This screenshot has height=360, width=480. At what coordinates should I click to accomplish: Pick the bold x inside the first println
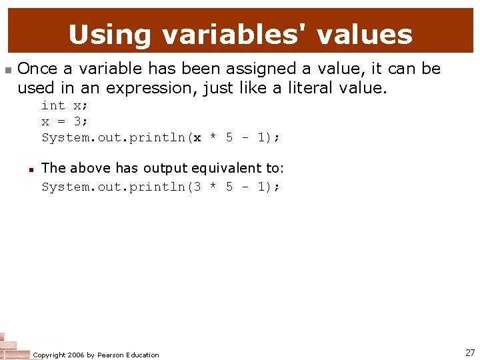click(197, 138)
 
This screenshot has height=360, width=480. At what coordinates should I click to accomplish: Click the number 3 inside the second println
click(197, 187)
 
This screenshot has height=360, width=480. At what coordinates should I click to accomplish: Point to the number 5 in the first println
click(229, 138)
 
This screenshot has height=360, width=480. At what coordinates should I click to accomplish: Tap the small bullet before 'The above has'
click(31, 169)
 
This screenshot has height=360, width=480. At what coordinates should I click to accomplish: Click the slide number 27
click(470, 353)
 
